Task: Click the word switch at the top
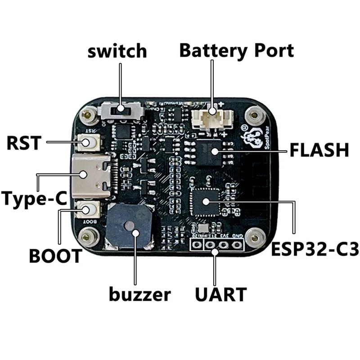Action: (x=117, y=51)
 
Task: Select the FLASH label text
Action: (x=319, y=150)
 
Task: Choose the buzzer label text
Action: (x=140, y=295)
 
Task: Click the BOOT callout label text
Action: (x=55, y=256)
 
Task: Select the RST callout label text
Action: (x=25, y=144)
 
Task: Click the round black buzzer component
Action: (x=129, y=226)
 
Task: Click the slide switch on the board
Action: (x=120, y=109)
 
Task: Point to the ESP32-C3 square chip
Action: (x=206, y=201)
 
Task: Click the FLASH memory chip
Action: (x=211, y=152)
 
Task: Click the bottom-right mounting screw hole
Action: (x=256, y=235)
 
